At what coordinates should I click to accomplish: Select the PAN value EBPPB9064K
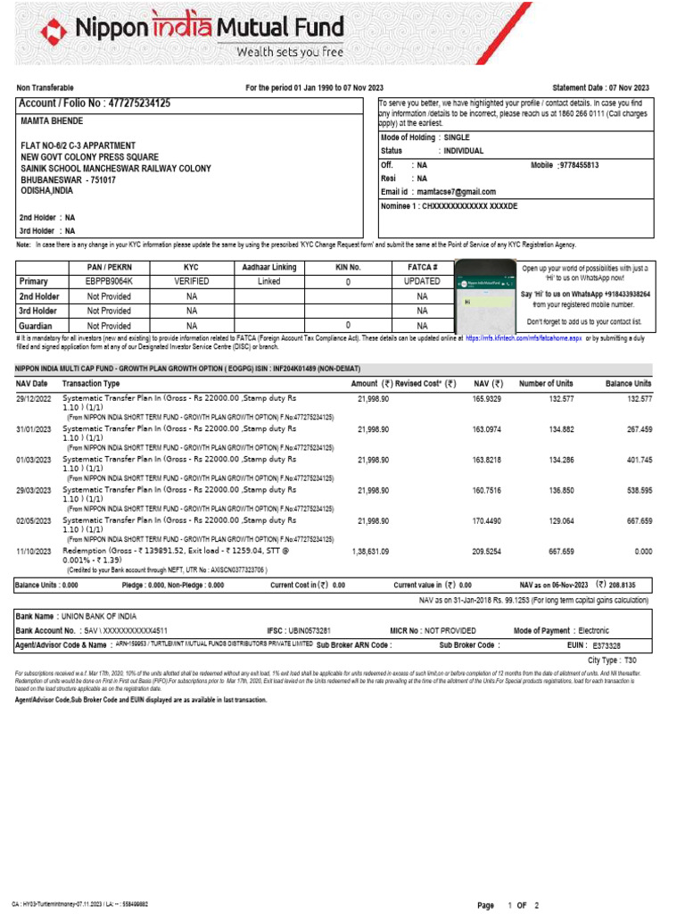108,280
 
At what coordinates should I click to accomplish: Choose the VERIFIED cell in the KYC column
191,280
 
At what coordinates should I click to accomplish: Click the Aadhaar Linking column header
269,267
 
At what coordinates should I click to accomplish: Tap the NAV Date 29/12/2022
34,399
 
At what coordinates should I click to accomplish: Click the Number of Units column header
546,383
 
